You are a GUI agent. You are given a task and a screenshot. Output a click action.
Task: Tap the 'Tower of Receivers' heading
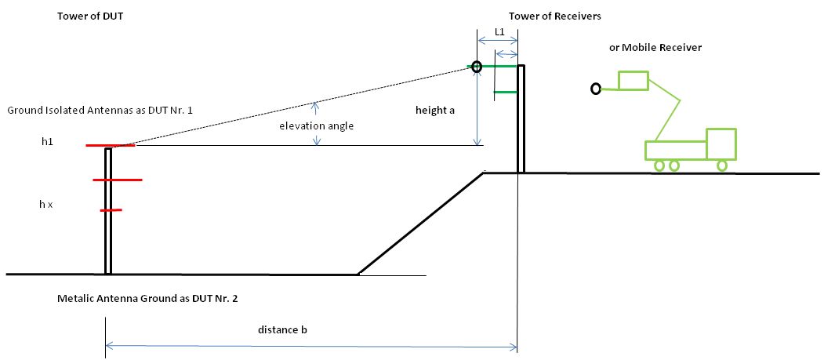coord(555,16)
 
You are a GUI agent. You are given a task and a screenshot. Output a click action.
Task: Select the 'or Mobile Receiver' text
coord(655,48)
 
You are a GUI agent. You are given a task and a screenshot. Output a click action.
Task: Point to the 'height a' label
coord(435,111)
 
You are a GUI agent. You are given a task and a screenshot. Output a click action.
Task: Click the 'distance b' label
coord(282,329)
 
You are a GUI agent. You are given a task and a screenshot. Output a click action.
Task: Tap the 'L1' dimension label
coord(499,32)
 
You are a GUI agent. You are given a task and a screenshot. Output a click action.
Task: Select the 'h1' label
coord(49,142)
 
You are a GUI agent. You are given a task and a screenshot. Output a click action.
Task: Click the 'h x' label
coord(46,204)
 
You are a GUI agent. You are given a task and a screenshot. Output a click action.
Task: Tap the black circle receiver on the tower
coord(477,66)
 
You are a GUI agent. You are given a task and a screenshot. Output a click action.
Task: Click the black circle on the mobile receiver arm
coord(596,89)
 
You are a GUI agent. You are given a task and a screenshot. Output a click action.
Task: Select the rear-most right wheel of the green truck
coord(721,165)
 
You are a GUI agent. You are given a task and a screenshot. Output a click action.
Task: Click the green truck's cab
coord(721,144)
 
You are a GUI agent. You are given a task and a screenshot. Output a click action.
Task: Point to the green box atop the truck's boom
coord(633,81)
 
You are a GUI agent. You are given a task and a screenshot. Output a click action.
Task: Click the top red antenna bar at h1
coord(111,146)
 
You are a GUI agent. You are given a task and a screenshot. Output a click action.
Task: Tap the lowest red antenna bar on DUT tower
coord(111,210)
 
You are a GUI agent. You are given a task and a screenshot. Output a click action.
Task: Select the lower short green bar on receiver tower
coord(505,93)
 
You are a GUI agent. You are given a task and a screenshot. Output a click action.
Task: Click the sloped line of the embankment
coord(420,224)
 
